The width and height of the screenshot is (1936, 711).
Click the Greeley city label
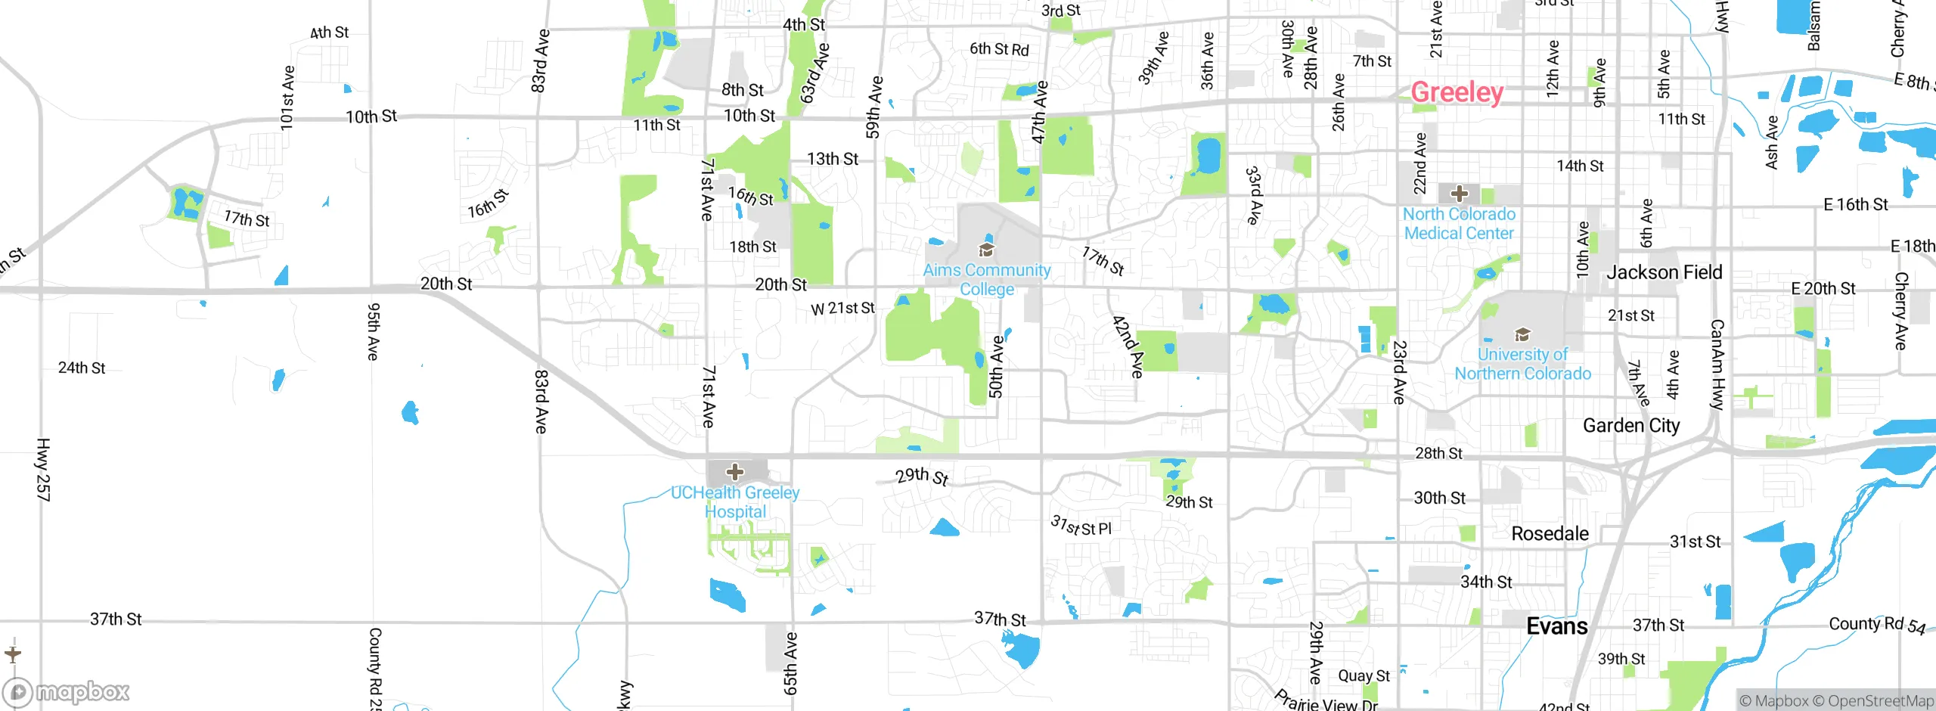point(1457,92)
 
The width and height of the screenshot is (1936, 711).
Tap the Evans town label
point(1556,626)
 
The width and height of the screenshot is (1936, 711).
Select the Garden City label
point(1631,426)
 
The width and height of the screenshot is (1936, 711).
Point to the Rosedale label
point(1550,533)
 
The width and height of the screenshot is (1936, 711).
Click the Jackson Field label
point(1664,272)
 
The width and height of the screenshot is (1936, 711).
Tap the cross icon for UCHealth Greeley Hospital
point(734,473)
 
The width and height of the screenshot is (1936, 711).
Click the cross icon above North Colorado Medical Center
point(1460,194)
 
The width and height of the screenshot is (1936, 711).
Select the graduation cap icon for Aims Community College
point(986,250)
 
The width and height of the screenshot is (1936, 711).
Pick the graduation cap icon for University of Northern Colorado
point(1522,334)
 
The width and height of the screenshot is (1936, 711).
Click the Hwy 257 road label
point(43,469)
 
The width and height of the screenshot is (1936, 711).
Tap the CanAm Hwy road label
point(1717,365)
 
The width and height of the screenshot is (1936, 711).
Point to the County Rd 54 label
point(1876,625)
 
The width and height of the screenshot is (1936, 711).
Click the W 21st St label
point(842,309)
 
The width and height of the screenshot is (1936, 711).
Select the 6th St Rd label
point(999,49)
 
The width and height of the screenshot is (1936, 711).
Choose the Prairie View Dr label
point(1326,702)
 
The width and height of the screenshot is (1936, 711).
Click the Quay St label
point(1364,675)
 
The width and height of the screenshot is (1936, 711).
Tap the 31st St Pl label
point(1081,526)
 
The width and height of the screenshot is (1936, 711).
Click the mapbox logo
point(67,691)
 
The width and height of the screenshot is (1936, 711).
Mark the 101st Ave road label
point(287,98)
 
